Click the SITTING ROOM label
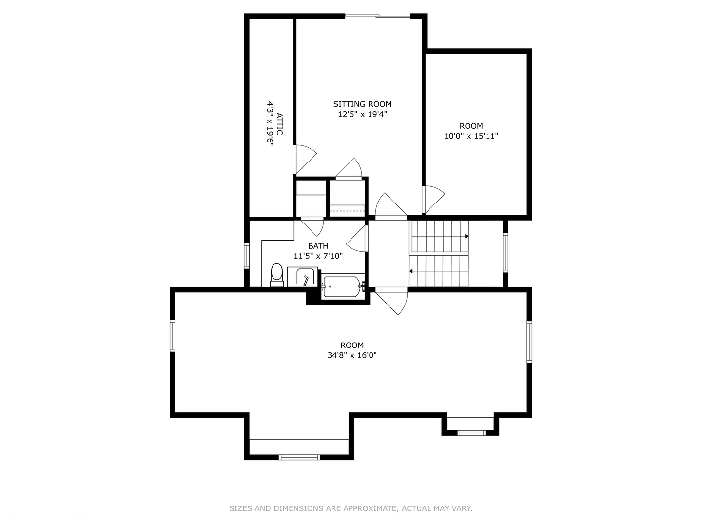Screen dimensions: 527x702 click(x=362, y=104)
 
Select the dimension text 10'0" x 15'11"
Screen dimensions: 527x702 click(x=471, y=136)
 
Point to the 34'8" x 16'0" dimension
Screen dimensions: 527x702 click(x=352, y=355)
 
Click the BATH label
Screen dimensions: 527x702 click(x=318, y=246)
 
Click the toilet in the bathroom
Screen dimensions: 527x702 click(x=277, y=275)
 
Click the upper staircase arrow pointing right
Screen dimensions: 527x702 click(x=466, y=236)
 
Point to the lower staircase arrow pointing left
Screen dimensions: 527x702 click(x=411, y=271)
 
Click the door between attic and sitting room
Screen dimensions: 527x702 click(x=303, y=159)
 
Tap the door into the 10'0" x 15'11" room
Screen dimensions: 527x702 click(x=432, y=199)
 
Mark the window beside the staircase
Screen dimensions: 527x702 click(x=506, y=253)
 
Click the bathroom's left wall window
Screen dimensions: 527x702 click(x=247, y=256)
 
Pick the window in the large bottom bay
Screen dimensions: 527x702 click(x=299, y=457)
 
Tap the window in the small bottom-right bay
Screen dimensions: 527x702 click(x=471, y=433)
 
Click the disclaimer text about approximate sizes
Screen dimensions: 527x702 click(x=351, y=508)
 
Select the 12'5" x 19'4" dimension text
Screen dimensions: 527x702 click(x=362, y=114)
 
